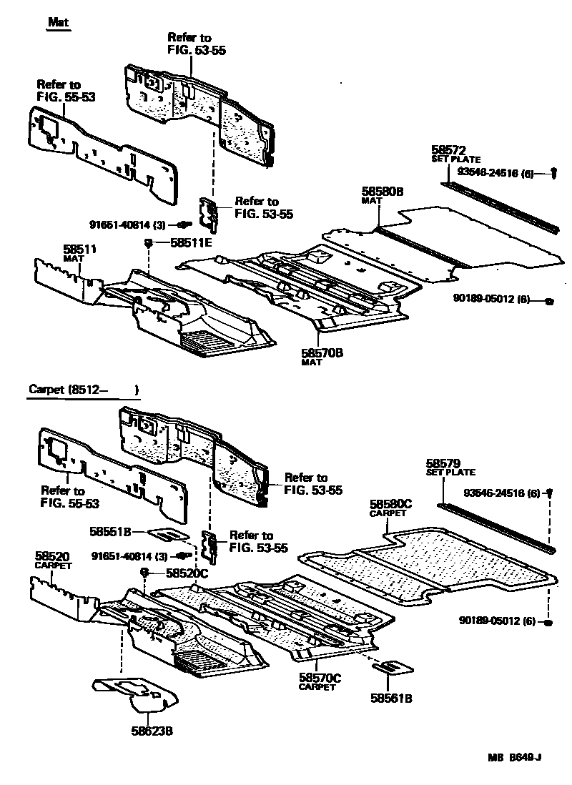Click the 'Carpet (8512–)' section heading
82,390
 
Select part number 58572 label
448,150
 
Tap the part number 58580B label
382,192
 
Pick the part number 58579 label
443,463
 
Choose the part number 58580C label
391,505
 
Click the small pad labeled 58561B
392,668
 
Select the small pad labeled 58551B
169,533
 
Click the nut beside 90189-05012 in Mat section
548,301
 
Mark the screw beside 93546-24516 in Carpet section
551,493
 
